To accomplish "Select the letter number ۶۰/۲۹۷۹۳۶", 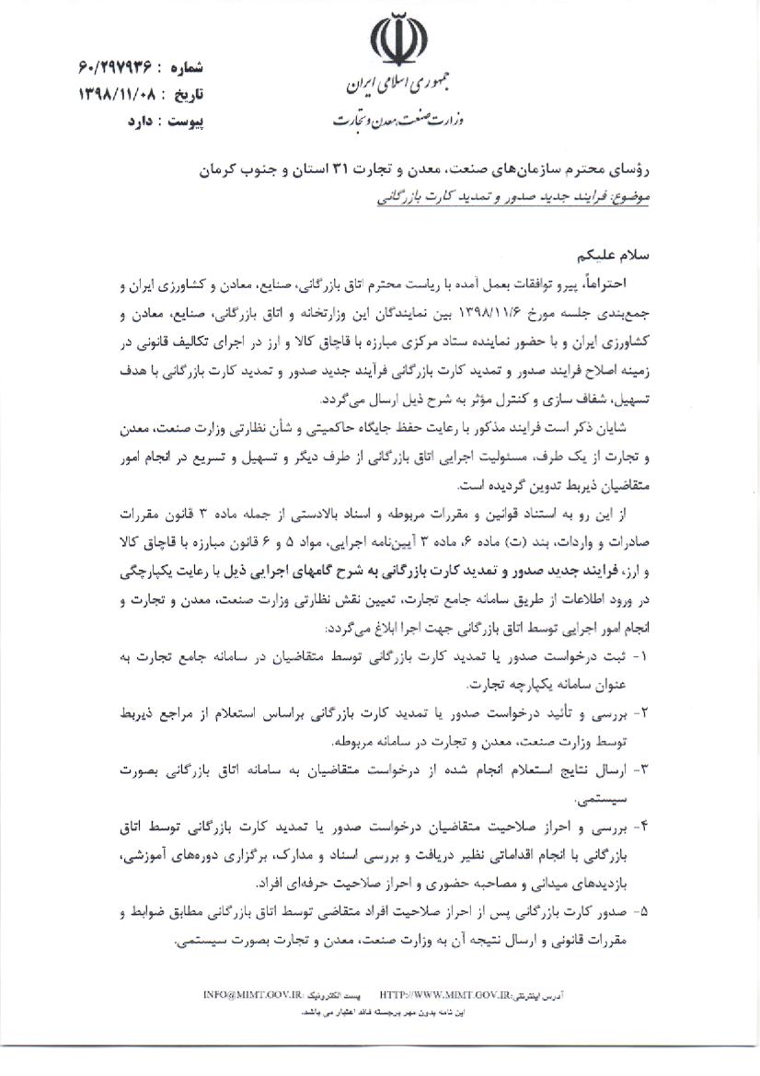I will [113, 69].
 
